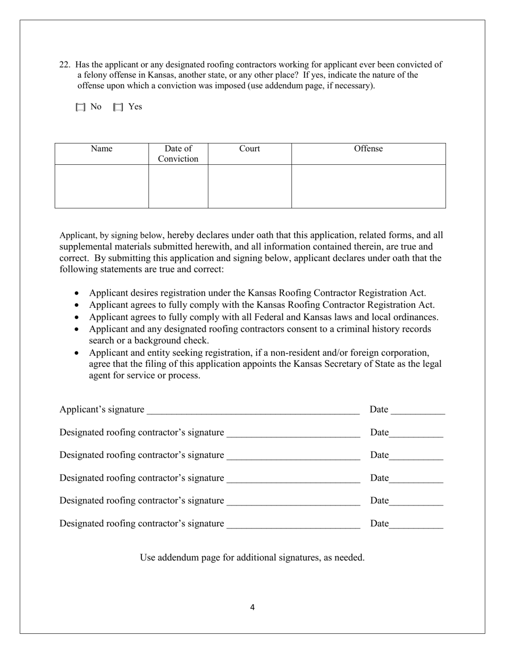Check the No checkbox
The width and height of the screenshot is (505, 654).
pos(80,107)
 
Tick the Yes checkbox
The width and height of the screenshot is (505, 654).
pos(118,107)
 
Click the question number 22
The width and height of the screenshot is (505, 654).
pos(64,65)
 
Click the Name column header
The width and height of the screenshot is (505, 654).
pos(102,149)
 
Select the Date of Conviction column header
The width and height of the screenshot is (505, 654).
pos(178,154)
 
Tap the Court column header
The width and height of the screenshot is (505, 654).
pos(249,149)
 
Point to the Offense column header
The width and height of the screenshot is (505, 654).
pos(368,149)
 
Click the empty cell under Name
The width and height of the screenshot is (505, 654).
pos(102,186)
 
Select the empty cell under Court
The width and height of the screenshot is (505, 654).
pos(249,186)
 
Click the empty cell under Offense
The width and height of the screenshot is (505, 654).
pos(368,186)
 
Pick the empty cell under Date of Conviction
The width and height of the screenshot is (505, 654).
pos(178,186)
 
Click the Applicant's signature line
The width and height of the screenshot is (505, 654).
pos(253,410)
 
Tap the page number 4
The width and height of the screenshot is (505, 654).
pos(252,608)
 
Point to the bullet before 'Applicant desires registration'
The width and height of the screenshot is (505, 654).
pos(78,293)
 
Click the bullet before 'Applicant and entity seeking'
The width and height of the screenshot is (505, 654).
pos(78,353)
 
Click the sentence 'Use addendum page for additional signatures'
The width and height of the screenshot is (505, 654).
pos(252,558)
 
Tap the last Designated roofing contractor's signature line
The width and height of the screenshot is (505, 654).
pos(293,524)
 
